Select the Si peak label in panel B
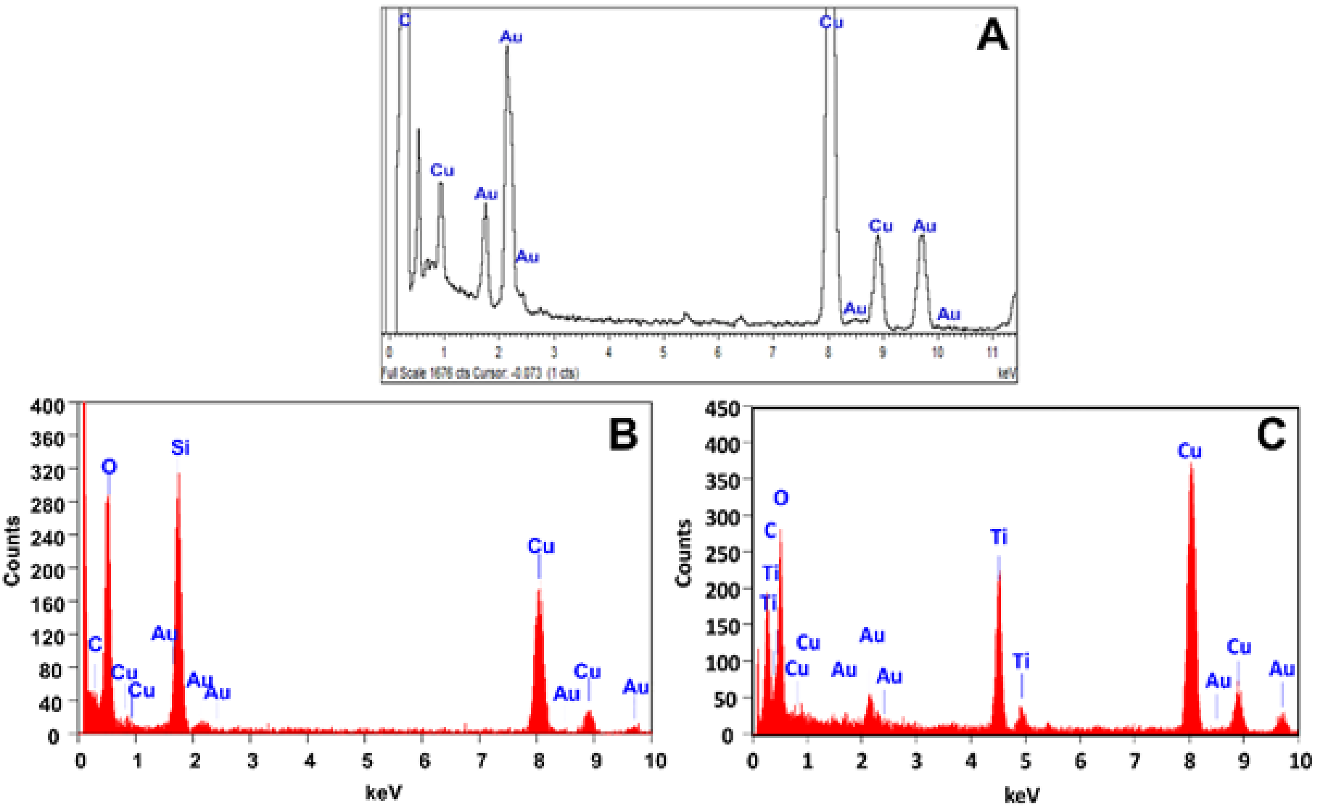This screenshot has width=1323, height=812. (180, 448)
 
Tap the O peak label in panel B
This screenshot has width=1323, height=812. (109, 467)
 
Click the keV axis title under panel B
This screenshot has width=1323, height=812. (384, 792)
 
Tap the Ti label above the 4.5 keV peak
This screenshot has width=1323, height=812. (998, 537)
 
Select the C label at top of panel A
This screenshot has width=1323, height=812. (404, 21)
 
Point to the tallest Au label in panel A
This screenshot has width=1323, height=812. (511, 37)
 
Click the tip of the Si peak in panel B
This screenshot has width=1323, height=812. (178, 473)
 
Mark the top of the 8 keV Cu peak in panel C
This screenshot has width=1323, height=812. (1191, 464)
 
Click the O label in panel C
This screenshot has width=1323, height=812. (781, 498)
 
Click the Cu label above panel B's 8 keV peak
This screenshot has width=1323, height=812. (541, 546)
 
